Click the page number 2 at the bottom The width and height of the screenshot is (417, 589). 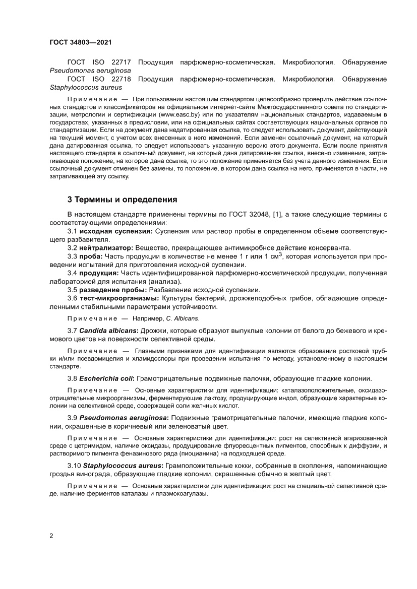tap(51, 536)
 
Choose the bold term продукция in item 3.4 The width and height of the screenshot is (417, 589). tap(99, 273)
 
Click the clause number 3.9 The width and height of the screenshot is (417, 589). tap(73, 418)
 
